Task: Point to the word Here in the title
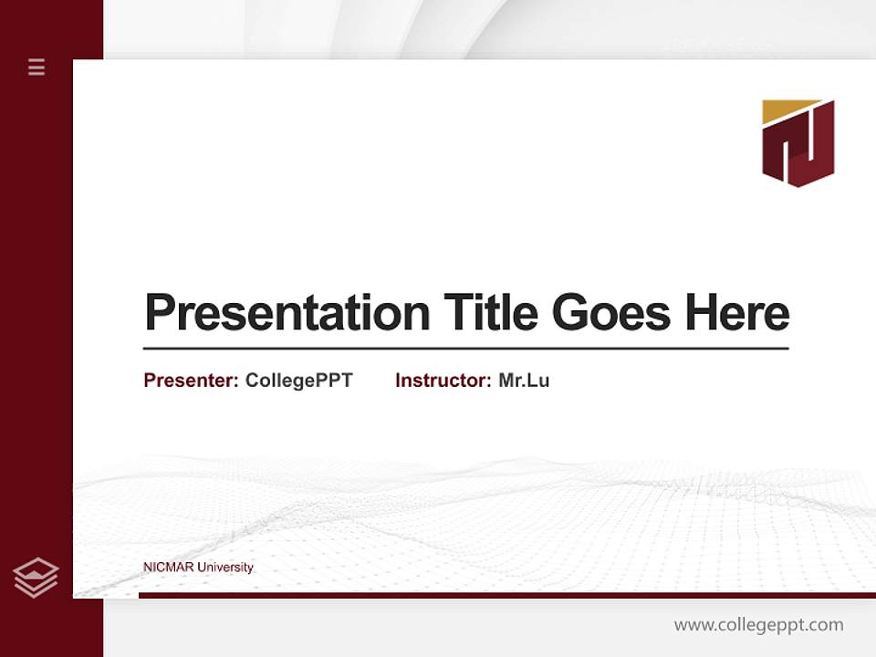click(737, 313)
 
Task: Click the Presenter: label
click(192, 381)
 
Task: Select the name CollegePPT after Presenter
click(298, 381)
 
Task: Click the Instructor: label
click(443, 381)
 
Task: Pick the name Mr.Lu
click(524, 381)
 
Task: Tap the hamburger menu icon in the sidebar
click(36, 67)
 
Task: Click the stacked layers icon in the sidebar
click(36, 578)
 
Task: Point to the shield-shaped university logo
click(798, 143)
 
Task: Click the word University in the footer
click(225, 568)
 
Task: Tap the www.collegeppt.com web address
click(758, 625)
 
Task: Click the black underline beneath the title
click(465, 349)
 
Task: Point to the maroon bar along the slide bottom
click(506, 595)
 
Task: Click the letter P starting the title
click(158, 313)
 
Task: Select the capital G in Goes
click(569, 313)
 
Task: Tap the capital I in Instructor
click(399, 381)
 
